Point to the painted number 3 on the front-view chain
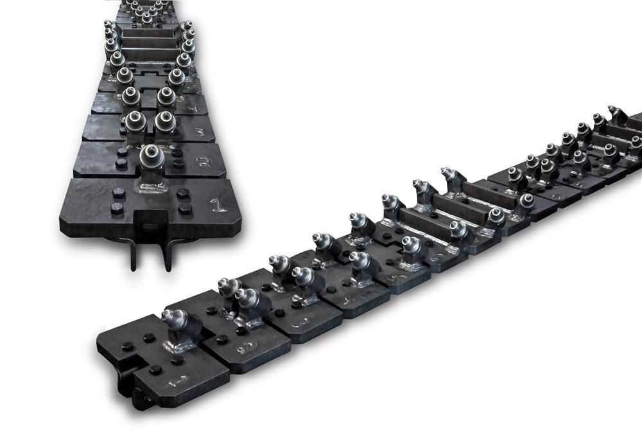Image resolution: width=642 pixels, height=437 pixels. tap(199, 132)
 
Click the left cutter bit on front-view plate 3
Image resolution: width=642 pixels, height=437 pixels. tap(134, 120)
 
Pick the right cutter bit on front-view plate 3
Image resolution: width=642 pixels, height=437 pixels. tap(165, 120)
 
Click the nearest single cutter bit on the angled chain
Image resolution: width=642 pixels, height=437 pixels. tap(175, 319)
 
